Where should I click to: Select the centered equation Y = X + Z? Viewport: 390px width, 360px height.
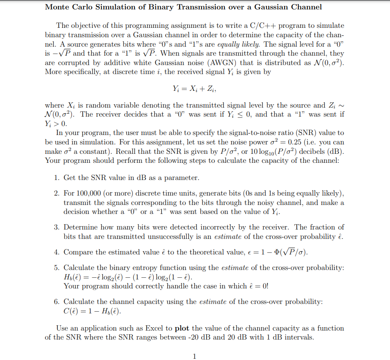click(x=195, y=88)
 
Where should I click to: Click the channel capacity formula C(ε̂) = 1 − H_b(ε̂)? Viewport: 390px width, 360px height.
click(x=92, y=311)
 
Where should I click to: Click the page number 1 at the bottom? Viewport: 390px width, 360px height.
click(x=195, y=356)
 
